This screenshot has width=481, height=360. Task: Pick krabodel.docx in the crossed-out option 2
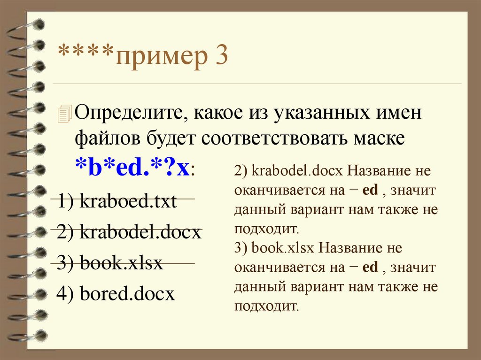(140, 232)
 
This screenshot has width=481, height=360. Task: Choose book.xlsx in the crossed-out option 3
(121, 263)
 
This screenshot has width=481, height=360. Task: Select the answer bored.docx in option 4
(127, 294)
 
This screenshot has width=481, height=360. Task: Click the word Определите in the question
(125, 114)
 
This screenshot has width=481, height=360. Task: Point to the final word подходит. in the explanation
(266, 306)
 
